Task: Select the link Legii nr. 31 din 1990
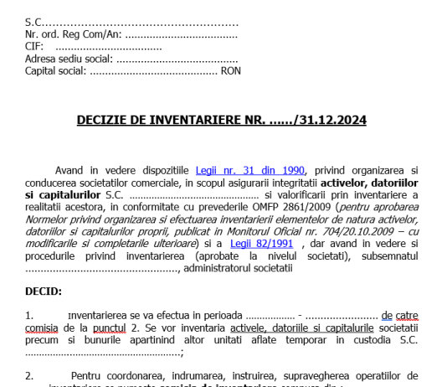[250, 169]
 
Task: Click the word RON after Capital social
[230, 71]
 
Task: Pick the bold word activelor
[343, 182]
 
